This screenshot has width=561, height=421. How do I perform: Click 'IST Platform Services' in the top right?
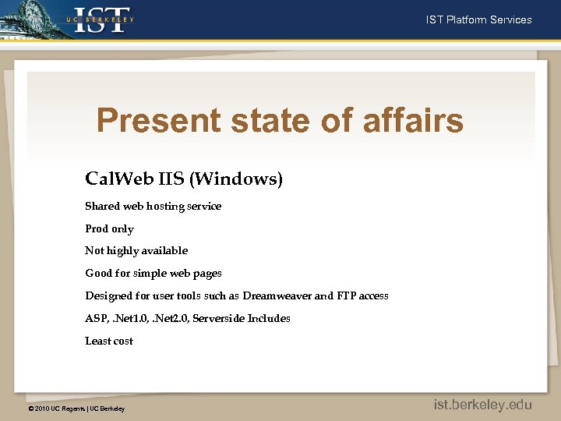[478, 19]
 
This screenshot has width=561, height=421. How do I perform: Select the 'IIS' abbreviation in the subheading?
[171, 179]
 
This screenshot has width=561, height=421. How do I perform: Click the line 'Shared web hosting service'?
[153, 207]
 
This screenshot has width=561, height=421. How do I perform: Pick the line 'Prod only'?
[109, 229]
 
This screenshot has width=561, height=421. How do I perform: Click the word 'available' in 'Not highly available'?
[163, 251]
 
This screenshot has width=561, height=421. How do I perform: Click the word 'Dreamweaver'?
[277, 296]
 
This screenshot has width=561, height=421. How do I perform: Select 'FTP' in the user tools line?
[347, 296]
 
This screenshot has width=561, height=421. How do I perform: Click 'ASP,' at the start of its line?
[97, 319]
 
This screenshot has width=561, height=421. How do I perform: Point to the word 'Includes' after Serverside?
[269, 319]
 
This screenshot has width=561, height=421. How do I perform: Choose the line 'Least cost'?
[109, 341]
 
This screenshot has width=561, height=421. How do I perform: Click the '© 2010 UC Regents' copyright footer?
[76, 409]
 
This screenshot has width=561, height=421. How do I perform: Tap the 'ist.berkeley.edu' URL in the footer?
[483, 405]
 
